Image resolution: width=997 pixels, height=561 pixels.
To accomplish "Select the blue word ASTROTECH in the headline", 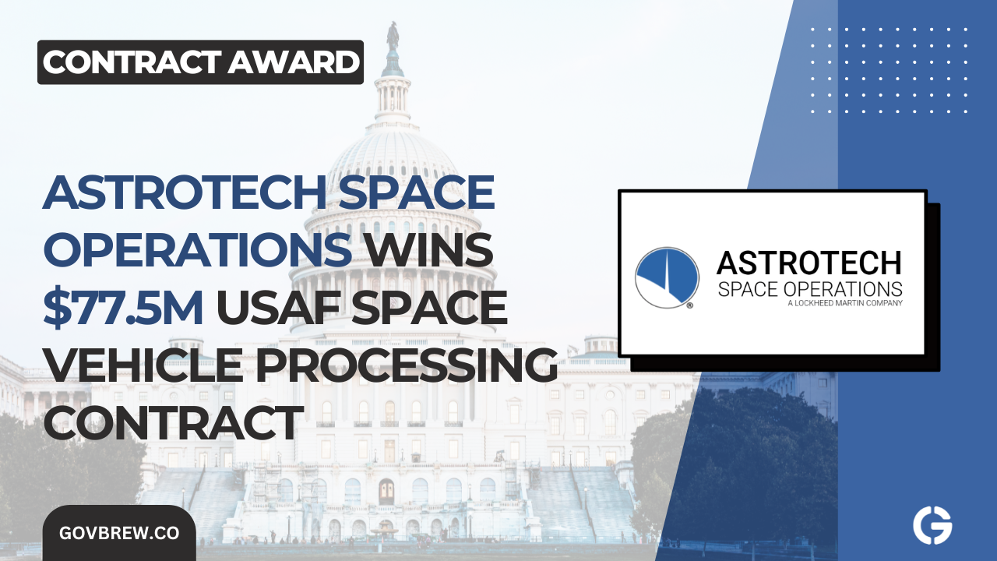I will click(180, 192).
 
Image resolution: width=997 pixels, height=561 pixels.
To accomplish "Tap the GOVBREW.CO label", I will click(118, 534).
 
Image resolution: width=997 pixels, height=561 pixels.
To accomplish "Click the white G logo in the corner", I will click(932, 526).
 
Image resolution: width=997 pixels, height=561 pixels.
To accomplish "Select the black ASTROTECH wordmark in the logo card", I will click(809, 263).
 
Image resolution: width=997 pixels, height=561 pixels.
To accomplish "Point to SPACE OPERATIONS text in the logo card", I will click(809, 289).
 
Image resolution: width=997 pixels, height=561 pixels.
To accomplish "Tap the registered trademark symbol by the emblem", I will click(690, 306).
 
